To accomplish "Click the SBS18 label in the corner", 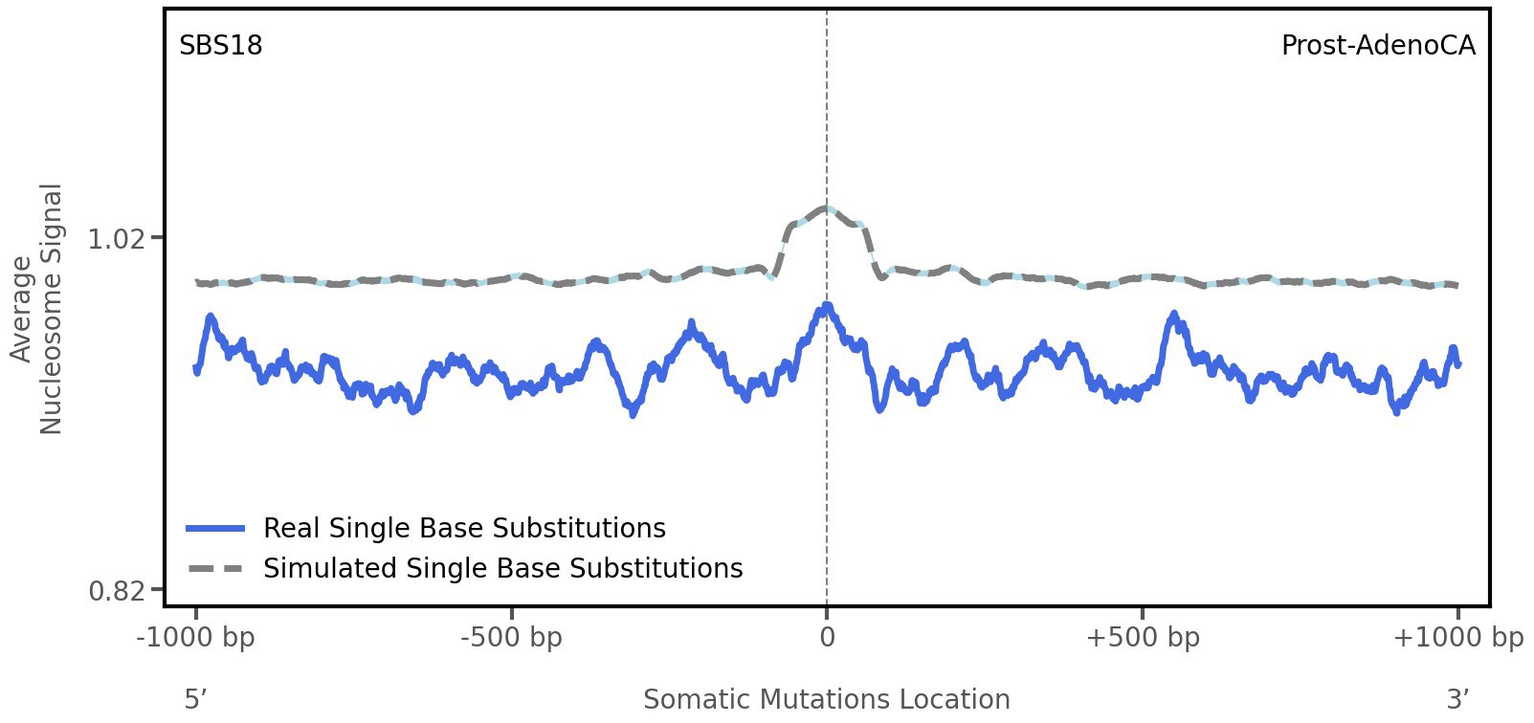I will coord(220,46).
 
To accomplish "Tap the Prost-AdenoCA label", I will coord(1377,46).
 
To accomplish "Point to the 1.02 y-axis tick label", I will coord(116,238).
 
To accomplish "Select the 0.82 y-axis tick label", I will coord(116,591).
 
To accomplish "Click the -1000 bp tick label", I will coord(196,638).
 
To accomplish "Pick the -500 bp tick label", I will coord(511,638).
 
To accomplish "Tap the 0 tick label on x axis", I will coord(827,638).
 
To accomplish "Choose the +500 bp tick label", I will coord(1142,638).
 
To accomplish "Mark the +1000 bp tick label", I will coord(1457,638).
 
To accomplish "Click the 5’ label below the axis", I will coord(195,699).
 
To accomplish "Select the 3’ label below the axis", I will coord(1457,699).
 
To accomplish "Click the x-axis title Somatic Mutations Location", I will coord(826,699).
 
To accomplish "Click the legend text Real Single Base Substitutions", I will coord(464,529).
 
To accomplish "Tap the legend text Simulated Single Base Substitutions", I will coord(502,569).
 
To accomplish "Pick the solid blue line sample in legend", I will coord(216,529).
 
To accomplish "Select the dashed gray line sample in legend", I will coord(216,569).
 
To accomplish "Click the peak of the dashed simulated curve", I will coord(826,208).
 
